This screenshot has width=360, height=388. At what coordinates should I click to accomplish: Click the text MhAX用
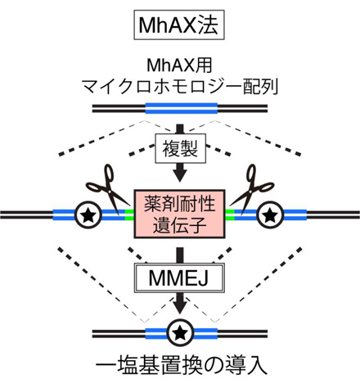(179, 65)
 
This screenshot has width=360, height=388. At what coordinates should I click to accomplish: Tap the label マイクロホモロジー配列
(180, 87)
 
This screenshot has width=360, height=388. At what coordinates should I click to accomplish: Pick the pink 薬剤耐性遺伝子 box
(179, 214)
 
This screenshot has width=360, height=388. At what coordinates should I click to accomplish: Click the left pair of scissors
(108, 191)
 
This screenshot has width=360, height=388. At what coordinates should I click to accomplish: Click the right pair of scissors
(251, 191)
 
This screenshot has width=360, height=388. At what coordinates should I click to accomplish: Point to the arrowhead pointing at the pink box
(180, 176)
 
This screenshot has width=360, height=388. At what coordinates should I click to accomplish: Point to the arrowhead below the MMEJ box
(180, 307)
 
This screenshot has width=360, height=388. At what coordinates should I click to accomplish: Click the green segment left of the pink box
(129, 214)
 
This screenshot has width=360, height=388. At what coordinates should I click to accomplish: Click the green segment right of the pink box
(230, 214)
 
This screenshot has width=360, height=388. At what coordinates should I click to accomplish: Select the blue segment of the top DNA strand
(182, 108)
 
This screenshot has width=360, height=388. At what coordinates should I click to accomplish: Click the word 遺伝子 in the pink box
(179, 225)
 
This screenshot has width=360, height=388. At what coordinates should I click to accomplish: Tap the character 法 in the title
(208, 25)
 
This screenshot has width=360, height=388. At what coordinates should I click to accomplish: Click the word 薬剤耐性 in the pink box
(179, 204)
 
